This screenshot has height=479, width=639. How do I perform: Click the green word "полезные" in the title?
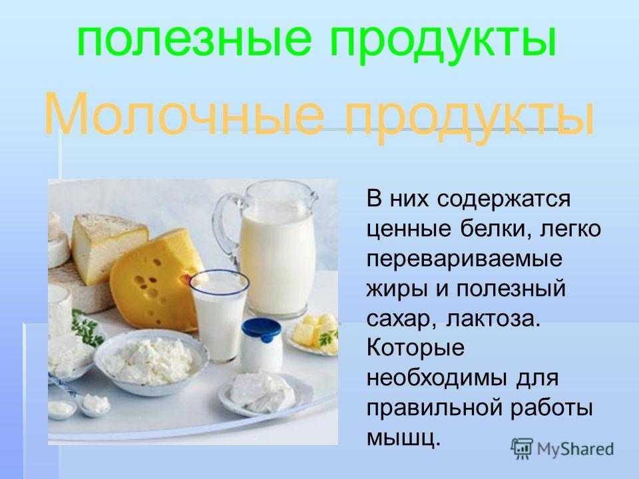[194, 41]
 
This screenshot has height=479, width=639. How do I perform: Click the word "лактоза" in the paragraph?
[493, 319]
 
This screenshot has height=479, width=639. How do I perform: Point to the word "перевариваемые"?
[464, 259]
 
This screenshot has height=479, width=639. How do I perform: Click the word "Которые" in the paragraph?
[415, 349]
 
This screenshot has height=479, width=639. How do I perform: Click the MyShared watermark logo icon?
[522, 449]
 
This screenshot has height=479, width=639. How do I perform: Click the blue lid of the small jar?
[261, 329]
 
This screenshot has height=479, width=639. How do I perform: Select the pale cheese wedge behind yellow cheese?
[107, 246]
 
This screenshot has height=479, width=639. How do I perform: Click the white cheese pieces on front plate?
[262, 392]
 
